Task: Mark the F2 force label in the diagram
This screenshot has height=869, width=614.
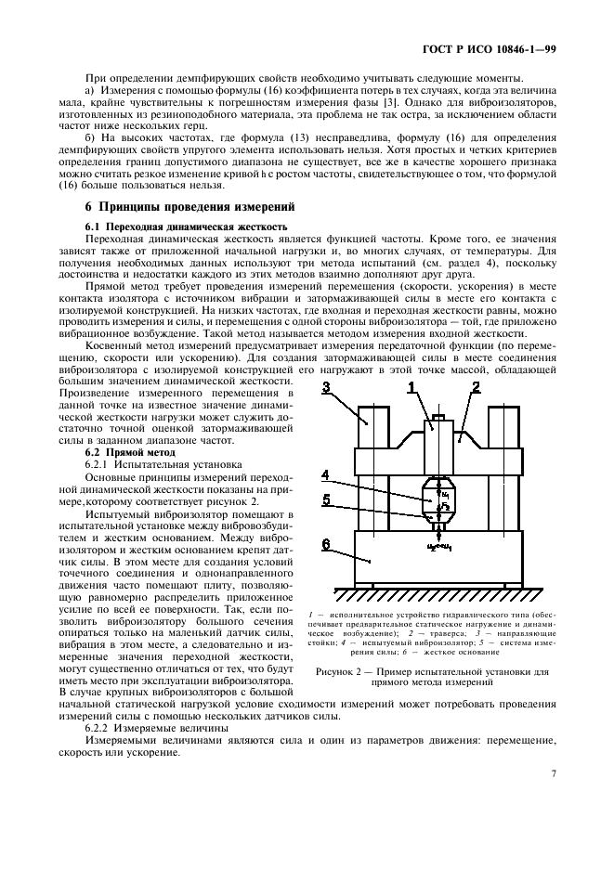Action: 447,506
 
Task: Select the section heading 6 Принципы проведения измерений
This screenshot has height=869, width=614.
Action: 189,206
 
